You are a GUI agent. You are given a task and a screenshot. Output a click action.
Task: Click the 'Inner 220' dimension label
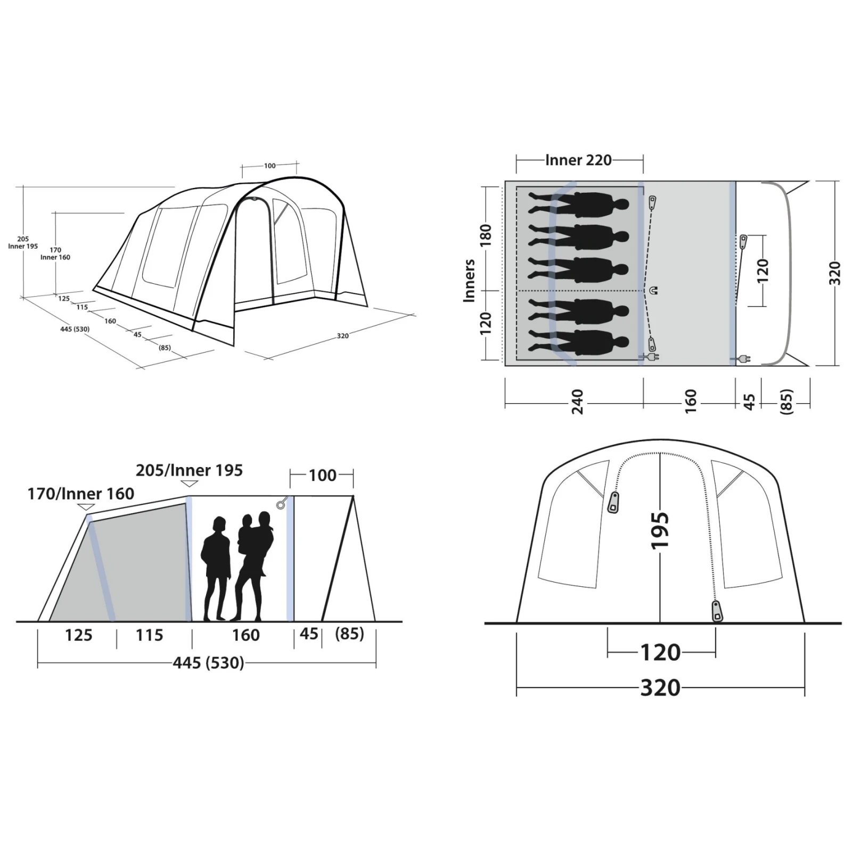[578, 160]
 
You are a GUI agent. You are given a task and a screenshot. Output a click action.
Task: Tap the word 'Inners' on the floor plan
[469, 281]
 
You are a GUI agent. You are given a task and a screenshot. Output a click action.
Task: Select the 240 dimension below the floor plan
[577, 402]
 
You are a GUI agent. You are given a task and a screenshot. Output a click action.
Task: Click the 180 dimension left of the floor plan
[485, 235]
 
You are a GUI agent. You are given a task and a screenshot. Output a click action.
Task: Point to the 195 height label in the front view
[659, 530]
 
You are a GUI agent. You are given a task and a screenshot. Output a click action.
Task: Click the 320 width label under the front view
[660, 687]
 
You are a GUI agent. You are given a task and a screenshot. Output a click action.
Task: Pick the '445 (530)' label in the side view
[208, 663]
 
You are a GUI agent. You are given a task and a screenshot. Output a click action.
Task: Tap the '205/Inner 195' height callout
[189, 470]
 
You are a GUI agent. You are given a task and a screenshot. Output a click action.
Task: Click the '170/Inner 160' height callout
[81, 494]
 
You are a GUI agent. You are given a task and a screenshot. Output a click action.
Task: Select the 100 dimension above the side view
[322, 475]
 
